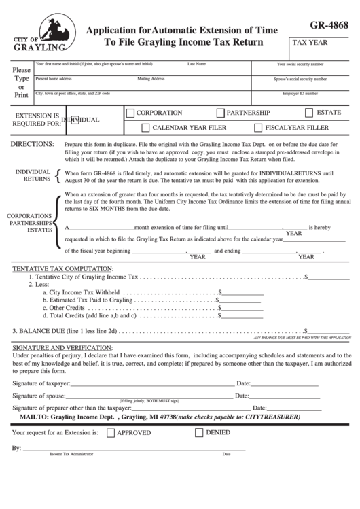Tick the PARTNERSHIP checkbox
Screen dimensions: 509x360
point(219,113)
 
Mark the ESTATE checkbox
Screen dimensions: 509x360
point(309,113)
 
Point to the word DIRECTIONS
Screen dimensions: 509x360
point(34,145)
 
